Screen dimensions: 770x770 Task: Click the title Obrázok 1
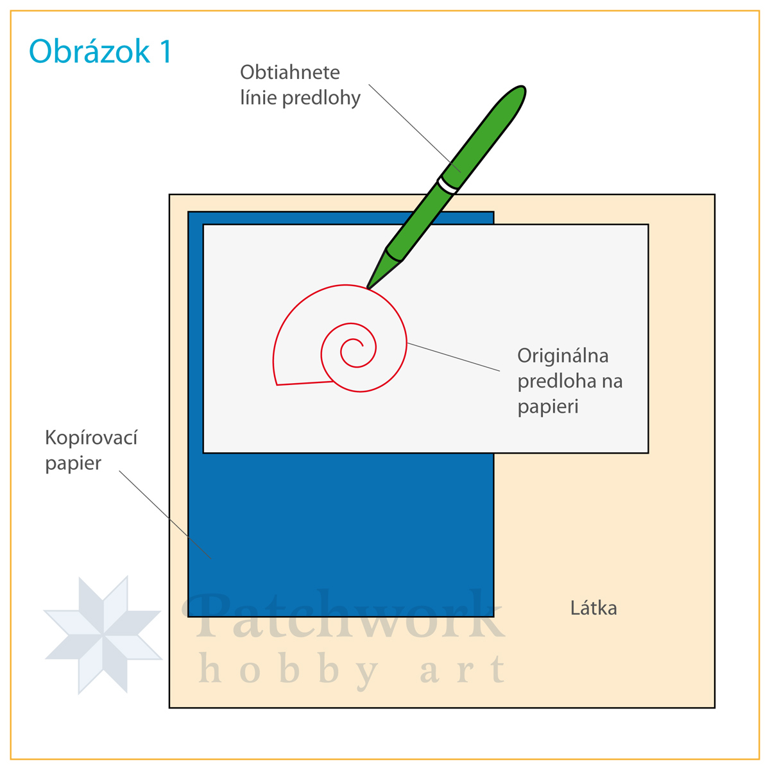pos(101,52)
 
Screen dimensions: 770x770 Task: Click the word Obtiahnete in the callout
pos(290,72)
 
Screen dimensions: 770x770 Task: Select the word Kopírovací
pos(91,438)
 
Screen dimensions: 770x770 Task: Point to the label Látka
pos(594,608)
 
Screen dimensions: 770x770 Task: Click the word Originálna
pos(563,355)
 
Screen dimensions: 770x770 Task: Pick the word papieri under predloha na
pos(548,407)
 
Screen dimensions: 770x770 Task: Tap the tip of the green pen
pos(368,287)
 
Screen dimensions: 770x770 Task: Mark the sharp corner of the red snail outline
pos(277,384)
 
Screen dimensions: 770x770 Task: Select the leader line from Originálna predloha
pos(453,357)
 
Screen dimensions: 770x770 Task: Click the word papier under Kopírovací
pos(73,463)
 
